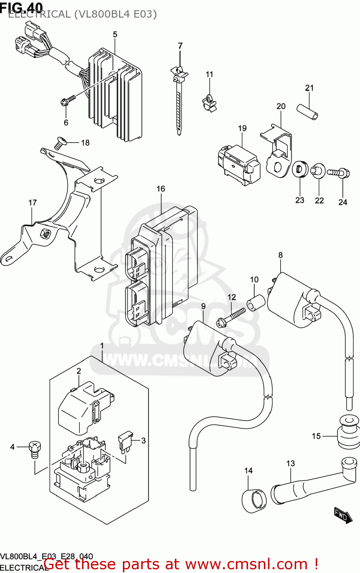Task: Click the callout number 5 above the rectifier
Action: tap(115, 34)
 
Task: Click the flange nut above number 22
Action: tap(318, 171)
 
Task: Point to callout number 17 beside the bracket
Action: tap(33, 202)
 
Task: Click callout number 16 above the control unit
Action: tap(161, 189)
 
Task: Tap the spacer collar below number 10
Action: tap(256, 303)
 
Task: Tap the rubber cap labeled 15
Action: tap(348, 433)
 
